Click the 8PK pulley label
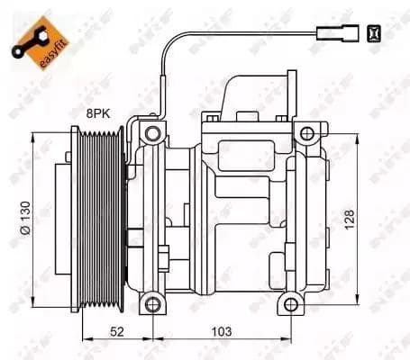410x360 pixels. click(x=99, y=113)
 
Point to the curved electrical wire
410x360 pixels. click(x=171, y=63)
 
